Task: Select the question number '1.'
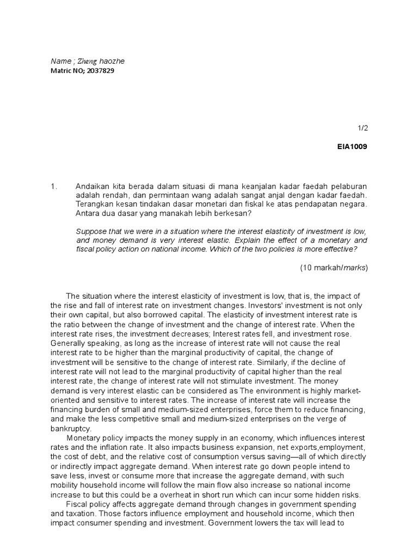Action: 53,186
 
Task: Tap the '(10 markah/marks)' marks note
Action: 334,268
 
